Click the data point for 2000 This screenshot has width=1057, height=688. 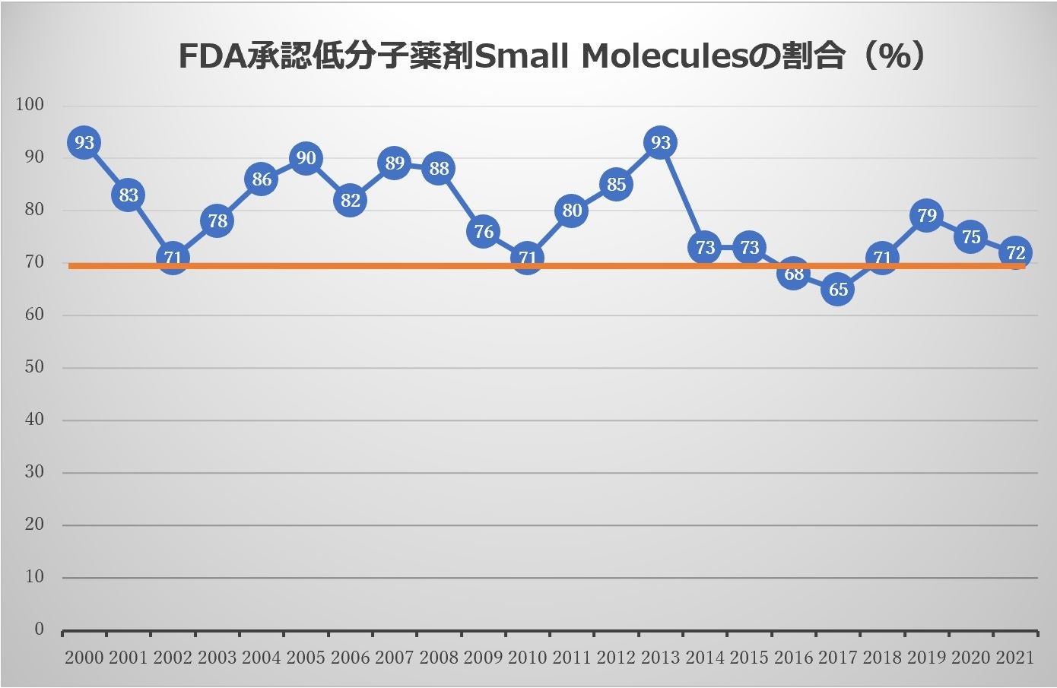84,143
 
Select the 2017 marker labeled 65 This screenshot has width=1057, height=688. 838,290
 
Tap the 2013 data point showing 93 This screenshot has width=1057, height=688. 661,143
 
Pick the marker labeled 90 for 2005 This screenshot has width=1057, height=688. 306,158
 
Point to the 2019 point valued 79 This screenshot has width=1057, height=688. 926,216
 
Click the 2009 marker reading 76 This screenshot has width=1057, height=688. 484,231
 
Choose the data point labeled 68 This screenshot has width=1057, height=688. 794,274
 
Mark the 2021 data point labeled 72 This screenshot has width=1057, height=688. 1015,252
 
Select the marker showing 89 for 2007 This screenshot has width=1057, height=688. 395,163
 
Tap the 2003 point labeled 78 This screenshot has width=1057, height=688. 217,221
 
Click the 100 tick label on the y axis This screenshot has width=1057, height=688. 30,105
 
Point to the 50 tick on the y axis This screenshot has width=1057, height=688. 34,367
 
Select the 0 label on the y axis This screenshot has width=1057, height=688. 39,629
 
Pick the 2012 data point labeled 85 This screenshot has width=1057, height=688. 616,185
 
